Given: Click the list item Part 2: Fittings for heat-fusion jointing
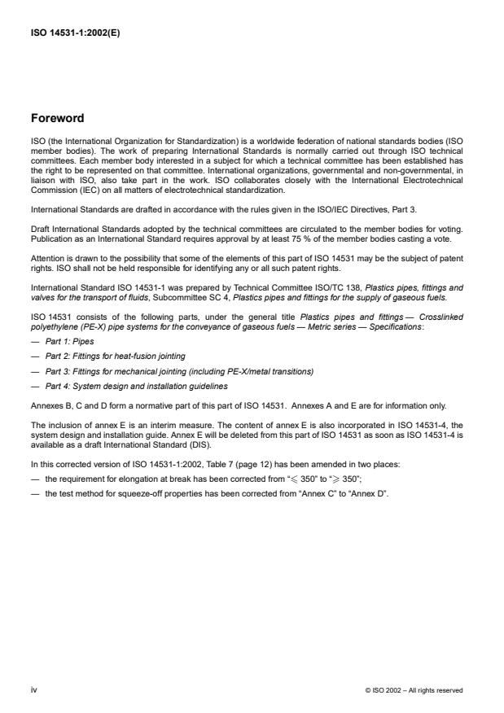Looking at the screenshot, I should tap(107, 356).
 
